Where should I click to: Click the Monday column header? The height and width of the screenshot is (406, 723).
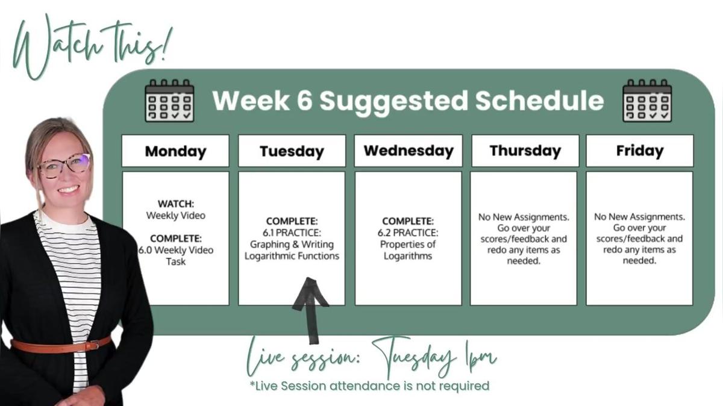click(175, 151)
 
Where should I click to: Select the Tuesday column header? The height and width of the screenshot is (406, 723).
click(292, 151)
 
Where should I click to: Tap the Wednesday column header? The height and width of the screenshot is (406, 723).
click(408, 151)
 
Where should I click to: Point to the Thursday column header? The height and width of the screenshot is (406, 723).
click(525, 151)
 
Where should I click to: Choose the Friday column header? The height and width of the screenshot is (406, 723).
click(640, 151)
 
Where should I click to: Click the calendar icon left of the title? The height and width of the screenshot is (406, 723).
click(169, 101)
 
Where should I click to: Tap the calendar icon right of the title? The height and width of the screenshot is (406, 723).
click(647, 101)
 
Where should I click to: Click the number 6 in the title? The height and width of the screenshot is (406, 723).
click(305, 101)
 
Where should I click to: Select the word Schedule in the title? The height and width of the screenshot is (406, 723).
click(539, 101)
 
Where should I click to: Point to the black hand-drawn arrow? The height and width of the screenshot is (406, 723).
click(310, 309)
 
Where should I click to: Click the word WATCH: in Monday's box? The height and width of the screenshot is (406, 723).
click(176, 204)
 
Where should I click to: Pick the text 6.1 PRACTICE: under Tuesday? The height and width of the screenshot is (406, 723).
click(292, 233)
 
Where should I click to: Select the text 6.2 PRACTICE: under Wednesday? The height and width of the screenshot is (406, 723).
click(408, 233)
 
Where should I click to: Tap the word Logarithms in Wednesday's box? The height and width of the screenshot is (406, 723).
click(408, 256)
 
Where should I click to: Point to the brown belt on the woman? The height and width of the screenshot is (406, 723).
click(61, 345)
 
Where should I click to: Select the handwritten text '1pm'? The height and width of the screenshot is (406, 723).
click(480, 358)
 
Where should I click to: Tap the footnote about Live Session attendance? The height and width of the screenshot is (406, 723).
click(369, 386)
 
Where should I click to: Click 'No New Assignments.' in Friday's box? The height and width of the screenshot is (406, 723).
click(639, 217)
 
